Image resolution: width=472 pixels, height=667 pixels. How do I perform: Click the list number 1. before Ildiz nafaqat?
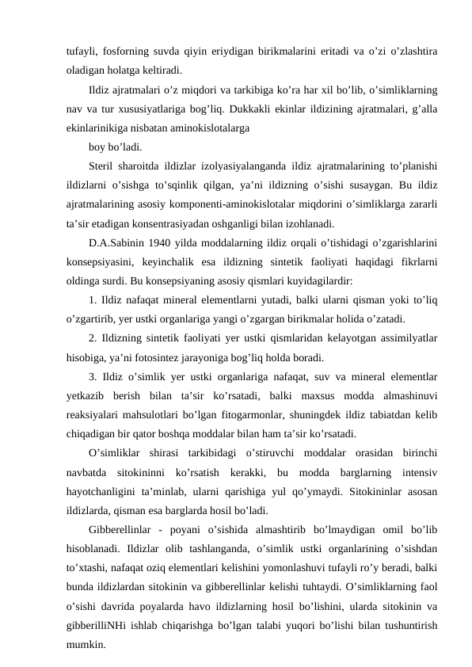click(x=93, y=299)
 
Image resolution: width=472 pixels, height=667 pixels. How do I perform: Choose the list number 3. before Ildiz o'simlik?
click(x=93, y=376)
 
